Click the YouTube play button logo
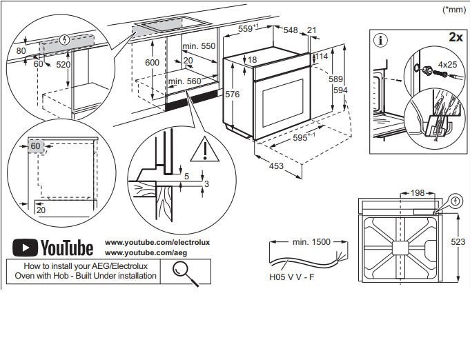coord(26,248)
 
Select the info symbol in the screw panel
coord(380,39)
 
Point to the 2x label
coord(455,37)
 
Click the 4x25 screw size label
coord(447,64)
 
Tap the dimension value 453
coord(276,166)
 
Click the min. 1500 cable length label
coord(311,242)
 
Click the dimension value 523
coord(458,242)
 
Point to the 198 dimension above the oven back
coord(417,193)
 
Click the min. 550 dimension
coord(199,46)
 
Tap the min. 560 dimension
coord(184,81)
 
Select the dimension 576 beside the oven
coord(233,94)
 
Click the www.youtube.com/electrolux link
coord(157,243)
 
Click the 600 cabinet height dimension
coord(153,62)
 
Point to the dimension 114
coord(321,57)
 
